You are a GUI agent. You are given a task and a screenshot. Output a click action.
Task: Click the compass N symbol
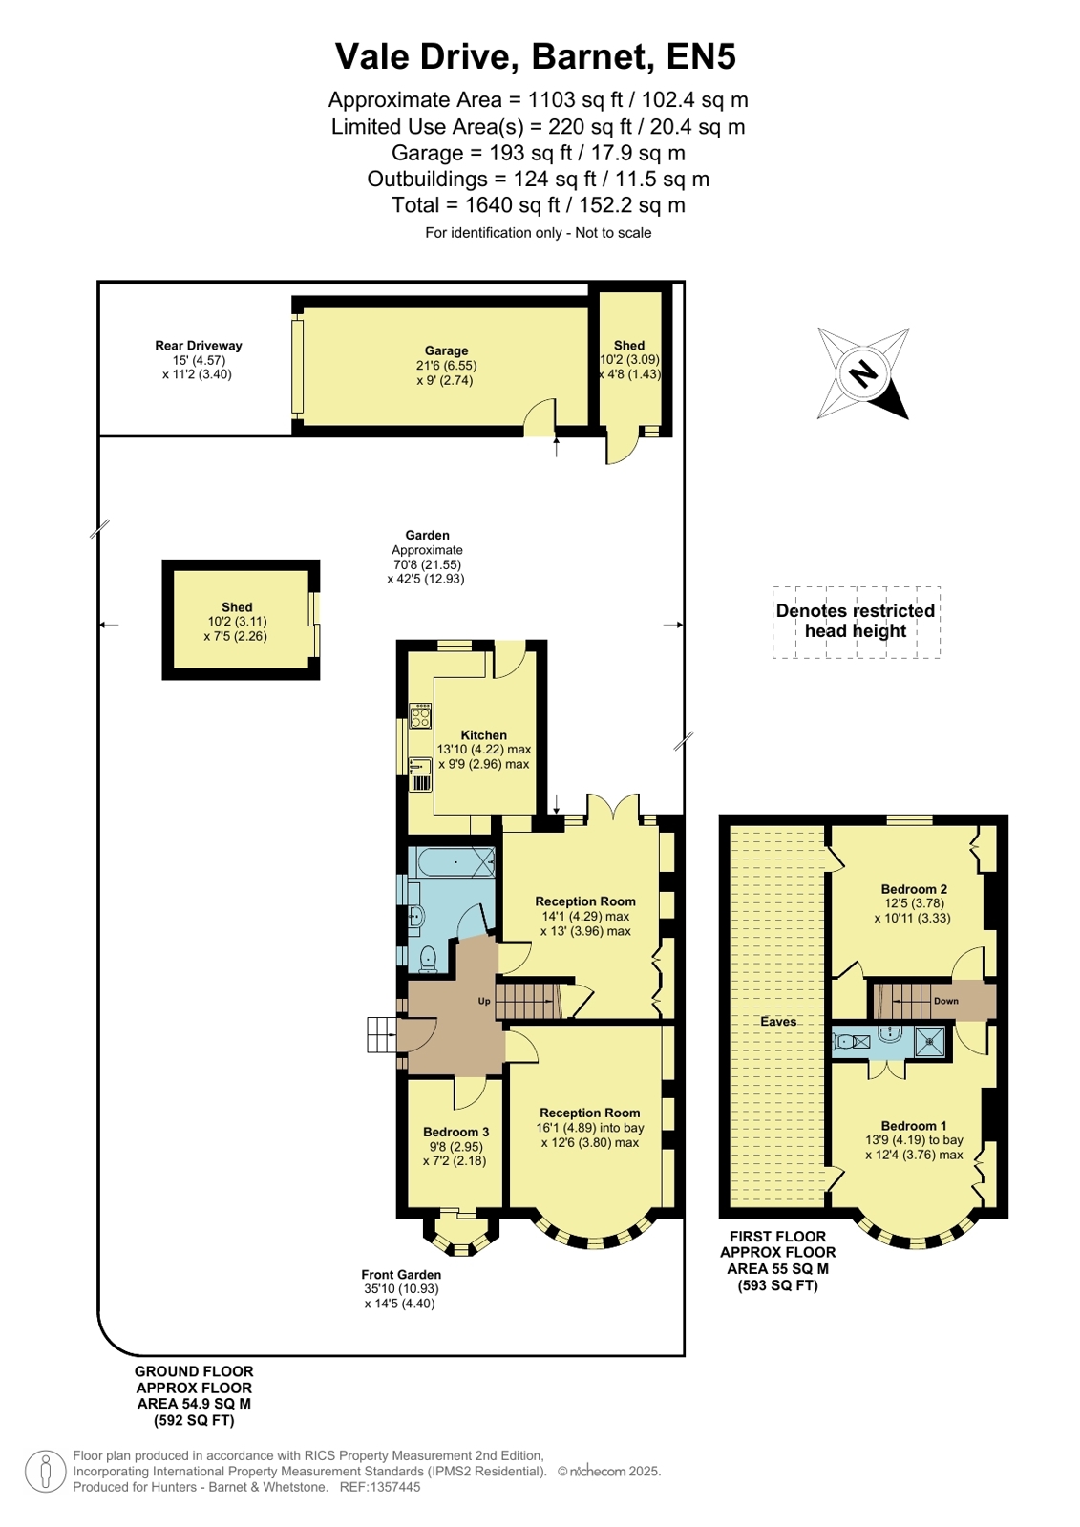863,373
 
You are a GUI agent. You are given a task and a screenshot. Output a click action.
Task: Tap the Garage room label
446,350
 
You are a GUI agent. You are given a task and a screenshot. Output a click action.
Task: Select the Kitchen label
483,735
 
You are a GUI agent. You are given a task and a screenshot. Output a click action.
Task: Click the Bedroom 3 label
455,1132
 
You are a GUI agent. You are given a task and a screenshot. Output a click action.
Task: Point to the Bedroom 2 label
914,889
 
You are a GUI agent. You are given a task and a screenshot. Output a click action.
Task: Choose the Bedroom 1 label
914,1126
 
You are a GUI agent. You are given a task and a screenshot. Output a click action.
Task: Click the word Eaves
778,1021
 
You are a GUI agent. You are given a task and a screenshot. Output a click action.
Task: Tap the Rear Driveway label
199,345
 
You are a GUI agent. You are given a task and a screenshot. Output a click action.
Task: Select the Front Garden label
401,1274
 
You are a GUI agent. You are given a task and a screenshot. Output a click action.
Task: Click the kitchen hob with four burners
420,716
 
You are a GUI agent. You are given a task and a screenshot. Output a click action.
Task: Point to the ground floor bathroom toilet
428,959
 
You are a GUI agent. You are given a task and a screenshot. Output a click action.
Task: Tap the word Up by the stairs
484,1002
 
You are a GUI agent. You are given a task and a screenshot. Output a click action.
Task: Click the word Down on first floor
945,1001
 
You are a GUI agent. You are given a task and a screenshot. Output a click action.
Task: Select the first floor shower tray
929,1041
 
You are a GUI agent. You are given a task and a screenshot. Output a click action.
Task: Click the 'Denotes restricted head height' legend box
857,622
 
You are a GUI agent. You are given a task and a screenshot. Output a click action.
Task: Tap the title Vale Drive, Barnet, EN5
536,56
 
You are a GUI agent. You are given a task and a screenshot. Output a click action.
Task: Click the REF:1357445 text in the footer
380,1487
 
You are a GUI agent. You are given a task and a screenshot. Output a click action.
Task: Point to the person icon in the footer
46,1471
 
